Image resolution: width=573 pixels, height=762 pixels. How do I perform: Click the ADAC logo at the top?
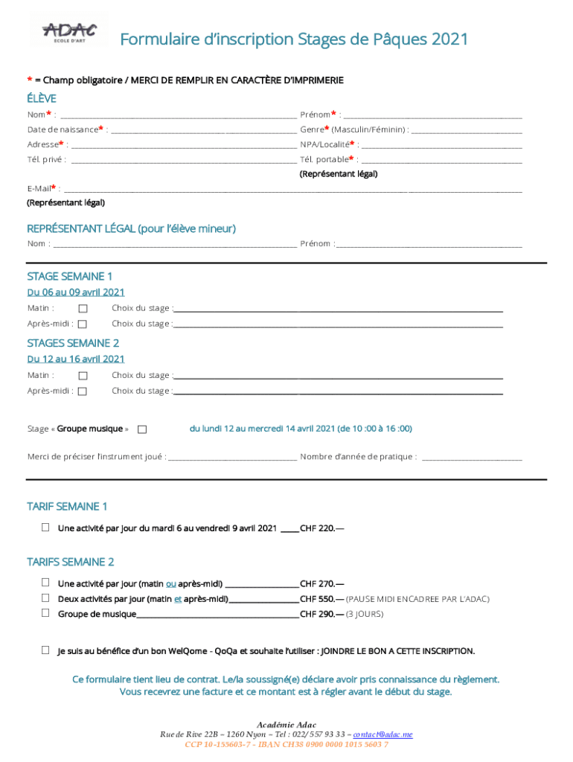tap(70, 33)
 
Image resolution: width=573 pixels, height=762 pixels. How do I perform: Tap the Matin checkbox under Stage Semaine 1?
tap(83, 309)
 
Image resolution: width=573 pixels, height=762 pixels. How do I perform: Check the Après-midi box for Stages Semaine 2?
tap(83, 391)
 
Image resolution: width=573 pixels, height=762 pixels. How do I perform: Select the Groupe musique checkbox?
tap(143, 429)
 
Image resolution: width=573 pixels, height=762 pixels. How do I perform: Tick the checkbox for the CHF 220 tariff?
tap(45, 528)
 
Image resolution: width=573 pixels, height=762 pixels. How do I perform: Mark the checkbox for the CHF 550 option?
tap(45, 598)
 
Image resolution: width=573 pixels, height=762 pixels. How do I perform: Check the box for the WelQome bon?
tap(45, 650)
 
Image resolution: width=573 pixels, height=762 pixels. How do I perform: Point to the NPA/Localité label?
tap(324, 144)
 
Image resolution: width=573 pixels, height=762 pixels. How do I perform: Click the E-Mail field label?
tap(39, 189)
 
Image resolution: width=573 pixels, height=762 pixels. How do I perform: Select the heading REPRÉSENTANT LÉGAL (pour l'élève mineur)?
tap(132, 228)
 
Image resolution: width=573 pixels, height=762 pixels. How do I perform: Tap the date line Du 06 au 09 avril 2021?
tap(76, 292)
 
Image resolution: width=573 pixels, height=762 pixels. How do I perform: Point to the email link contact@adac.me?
tap(382, 734)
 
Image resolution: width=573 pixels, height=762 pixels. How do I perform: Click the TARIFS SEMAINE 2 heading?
tap(71, 562)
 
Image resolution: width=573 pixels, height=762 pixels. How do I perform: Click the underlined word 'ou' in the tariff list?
tap(170, 584)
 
